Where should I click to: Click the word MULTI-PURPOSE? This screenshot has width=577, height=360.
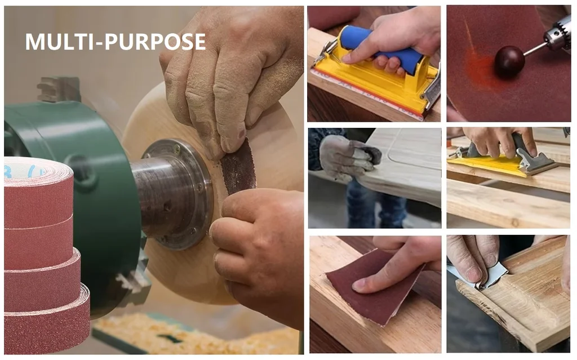click(115, 42)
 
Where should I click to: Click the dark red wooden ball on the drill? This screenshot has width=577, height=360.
click(509, 61)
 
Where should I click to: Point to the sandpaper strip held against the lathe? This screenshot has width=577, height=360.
click(238, 167)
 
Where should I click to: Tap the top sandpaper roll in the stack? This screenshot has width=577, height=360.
click(38, 192)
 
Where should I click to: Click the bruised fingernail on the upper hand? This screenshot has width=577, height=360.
click(241, 134)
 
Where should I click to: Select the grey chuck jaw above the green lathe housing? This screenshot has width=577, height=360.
click(59, 89)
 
